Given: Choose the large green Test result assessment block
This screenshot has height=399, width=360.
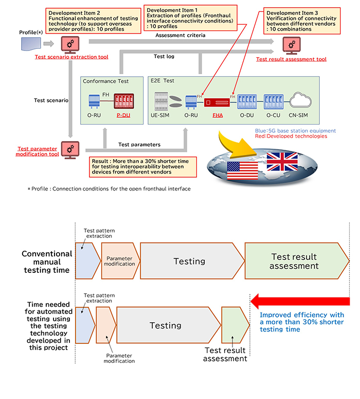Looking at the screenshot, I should coord(294,262).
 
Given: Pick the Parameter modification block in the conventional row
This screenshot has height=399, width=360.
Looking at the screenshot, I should coord(120,261).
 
